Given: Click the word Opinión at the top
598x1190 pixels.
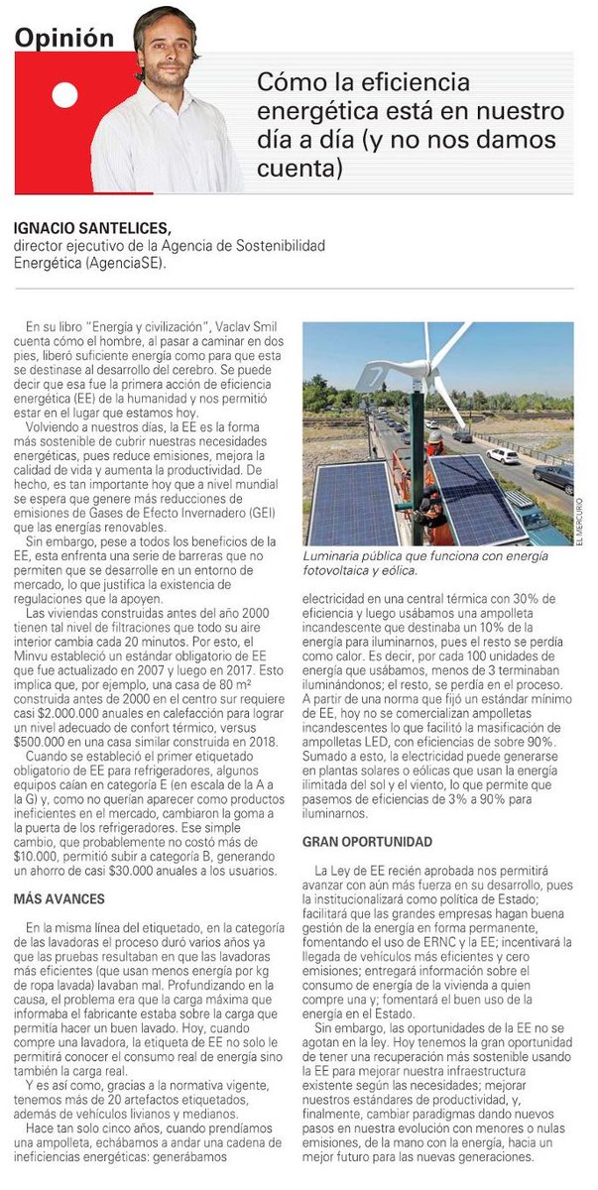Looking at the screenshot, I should [x=63, y=38].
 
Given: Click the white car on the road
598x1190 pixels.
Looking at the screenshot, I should [x=503, y=455].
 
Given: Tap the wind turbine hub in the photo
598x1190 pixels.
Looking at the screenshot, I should [x=428, y=368].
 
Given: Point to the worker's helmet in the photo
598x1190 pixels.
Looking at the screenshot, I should [x=434, y=435].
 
